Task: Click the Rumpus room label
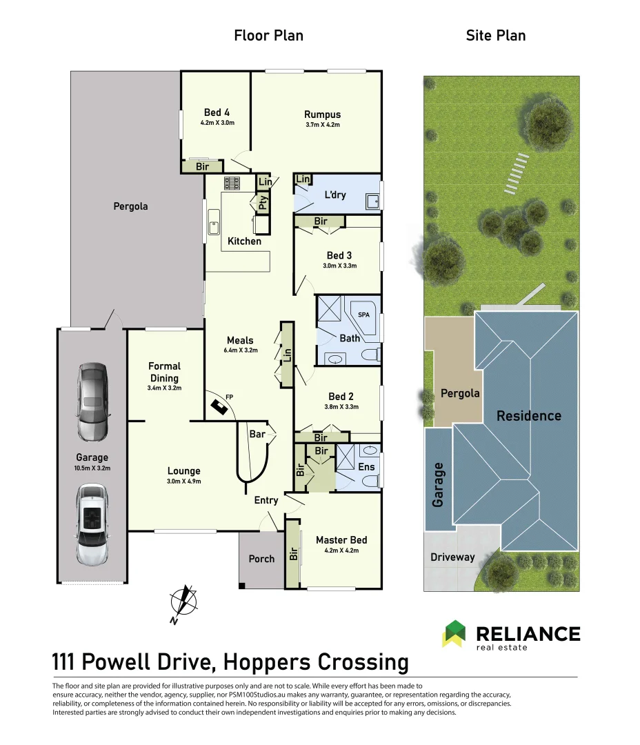coord(322,115)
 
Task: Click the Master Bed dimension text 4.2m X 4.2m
coord(341,550)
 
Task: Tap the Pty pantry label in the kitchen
coord(263,203)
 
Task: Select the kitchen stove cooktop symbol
coord(231,183)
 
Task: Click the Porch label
coord(261,559)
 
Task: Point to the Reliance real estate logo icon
coord(454,633)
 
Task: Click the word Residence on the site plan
coord(529,415)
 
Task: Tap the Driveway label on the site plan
coord(452,557)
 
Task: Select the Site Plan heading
coord(496,35)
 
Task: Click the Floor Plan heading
coord(268,35)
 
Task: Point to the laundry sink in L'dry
coord(372,201)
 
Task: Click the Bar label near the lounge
coord(257,435)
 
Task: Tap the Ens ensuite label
coord(366,467)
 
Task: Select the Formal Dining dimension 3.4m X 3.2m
coord(164,388)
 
